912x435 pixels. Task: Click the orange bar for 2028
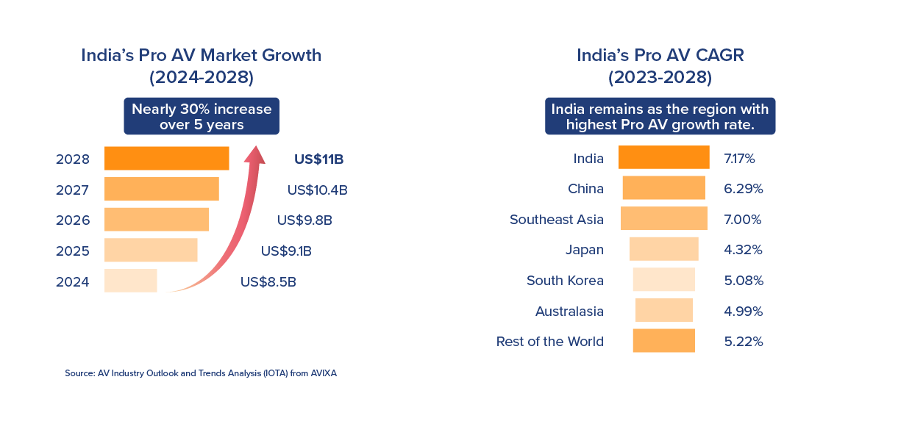click(166, 159)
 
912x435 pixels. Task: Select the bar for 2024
click(131, 281)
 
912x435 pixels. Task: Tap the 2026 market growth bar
click(157, 220)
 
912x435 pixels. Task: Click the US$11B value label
click(319, 159)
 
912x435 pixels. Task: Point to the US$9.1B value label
click(286, 251)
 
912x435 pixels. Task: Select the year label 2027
click(72, 190)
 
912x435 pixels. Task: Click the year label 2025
click(72, 251)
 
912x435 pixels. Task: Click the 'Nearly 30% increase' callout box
click(202, 117)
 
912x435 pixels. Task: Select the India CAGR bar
click(663, 158)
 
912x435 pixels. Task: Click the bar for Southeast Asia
click(663, 219)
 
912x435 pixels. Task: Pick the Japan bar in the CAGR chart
click(663, 249)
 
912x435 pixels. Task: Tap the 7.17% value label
click(739, 158)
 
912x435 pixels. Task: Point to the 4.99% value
click(743, 311)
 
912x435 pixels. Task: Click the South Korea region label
click(565, 280)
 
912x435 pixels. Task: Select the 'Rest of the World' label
click(549, 341)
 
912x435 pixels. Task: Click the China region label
click(585, 189)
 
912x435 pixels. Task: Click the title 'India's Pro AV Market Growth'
click(201, 55)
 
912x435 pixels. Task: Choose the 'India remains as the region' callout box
click(660, 117)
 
